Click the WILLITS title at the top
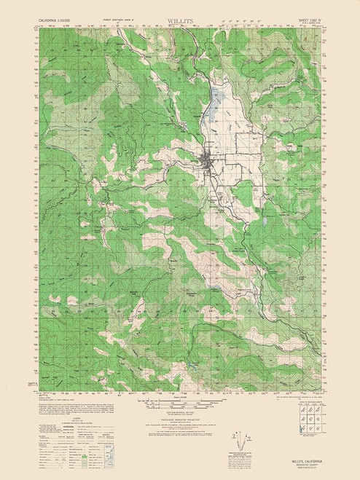pos(180,12)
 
